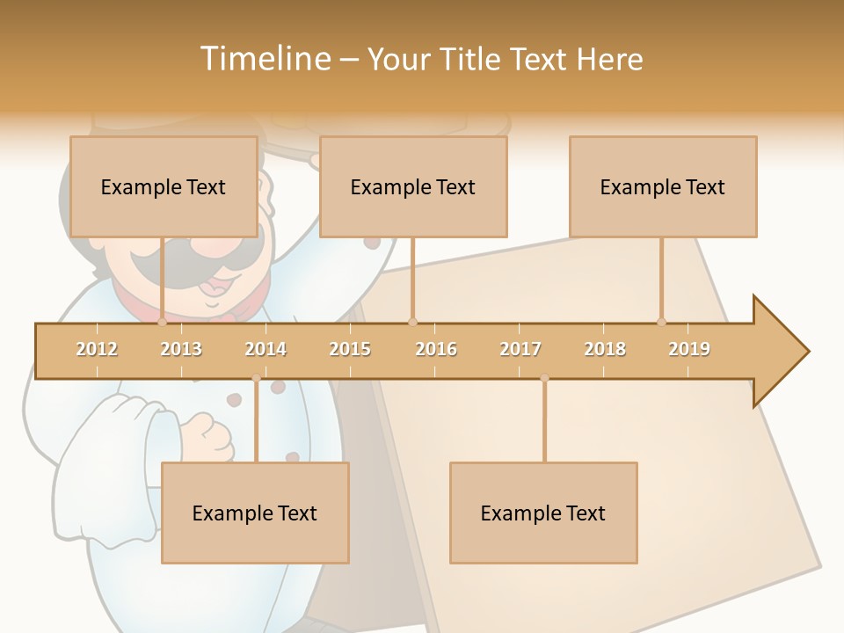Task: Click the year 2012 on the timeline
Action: (x=97, y=349)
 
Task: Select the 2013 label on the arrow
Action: (x=181, y=349)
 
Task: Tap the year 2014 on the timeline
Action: (x=266, y=349)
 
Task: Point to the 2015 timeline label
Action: (x=350, y=349)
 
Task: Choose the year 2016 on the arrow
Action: (x=436, y=349)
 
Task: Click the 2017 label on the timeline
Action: (x=520, y=349)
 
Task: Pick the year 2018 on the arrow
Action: (x=605, y=349)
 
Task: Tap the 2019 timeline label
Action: (x=689, y=349)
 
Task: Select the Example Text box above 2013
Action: (x=164, y=186)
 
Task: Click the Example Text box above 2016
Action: (x=413, y=186)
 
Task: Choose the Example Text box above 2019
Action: (x=663, y=186)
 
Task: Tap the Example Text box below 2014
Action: (x=255, y=513)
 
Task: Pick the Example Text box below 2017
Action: (x=543, y=513)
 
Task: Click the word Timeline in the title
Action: (x=264, y=59)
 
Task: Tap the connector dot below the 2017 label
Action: (x=544, y=378)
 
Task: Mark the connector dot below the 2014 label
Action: (x=256, y=378)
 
